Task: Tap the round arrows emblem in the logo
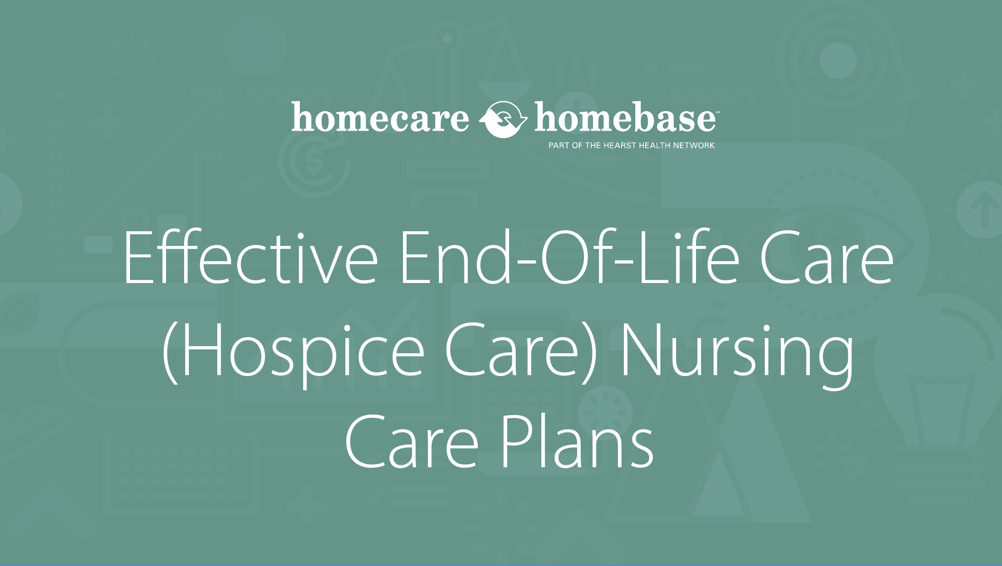click(x=502, y=119)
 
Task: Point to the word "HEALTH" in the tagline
click(x=653, y=145)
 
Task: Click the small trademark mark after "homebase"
click(x=717, y=113)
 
